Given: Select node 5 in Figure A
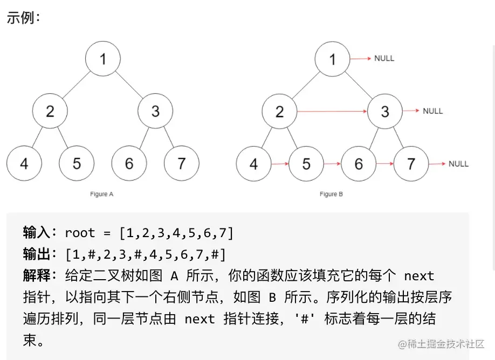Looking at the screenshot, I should (77, 163).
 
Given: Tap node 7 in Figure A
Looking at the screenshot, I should (181, 163).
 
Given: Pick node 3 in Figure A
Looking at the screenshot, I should (155, 111).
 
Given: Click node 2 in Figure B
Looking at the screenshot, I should (279, 112).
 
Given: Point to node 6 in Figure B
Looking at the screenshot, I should (359, 163).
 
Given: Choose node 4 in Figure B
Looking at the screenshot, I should (254, 163).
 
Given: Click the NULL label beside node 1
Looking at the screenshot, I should (384, 58).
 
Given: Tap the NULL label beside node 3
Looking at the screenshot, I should (432, 111).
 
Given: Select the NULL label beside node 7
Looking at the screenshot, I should (458, 163).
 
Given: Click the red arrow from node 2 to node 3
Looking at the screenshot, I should (332, 112).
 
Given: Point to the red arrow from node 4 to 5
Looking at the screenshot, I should (280, 163).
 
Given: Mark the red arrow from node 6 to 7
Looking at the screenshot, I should (385, 163).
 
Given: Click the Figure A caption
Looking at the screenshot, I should (102, 194).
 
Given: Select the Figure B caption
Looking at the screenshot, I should (331, 194).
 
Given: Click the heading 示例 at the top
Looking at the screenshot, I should (24, 17).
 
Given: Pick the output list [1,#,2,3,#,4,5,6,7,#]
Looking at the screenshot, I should (145, 254).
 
